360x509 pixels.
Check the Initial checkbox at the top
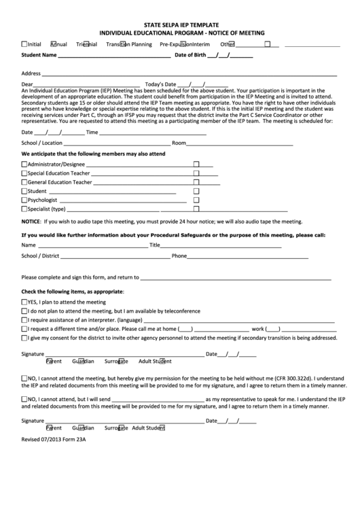[x=25, y=43]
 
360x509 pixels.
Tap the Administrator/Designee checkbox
[x=24, y=164]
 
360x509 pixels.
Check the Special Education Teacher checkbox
[x=24, y=173]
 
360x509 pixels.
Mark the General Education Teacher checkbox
[x=24, y=183]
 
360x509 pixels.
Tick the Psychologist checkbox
[x=24, y=201]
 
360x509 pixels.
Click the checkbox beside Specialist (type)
[x=24, y=210]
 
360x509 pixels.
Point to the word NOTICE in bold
[x=31, y=222]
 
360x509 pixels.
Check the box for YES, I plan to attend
[x=24, y=301]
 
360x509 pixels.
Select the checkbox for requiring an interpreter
[x=24, y=319]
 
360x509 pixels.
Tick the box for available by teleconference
[x=24, y=310]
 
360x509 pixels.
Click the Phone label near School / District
[x=179, y=256]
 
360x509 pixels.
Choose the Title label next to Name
[x=155, y=245]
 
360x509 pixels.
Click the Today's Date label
[x=165, y=84]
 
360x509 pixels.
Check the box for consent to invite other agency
[x=24, y=337]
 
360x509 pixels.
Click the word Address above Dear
[x=31, y=73]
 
